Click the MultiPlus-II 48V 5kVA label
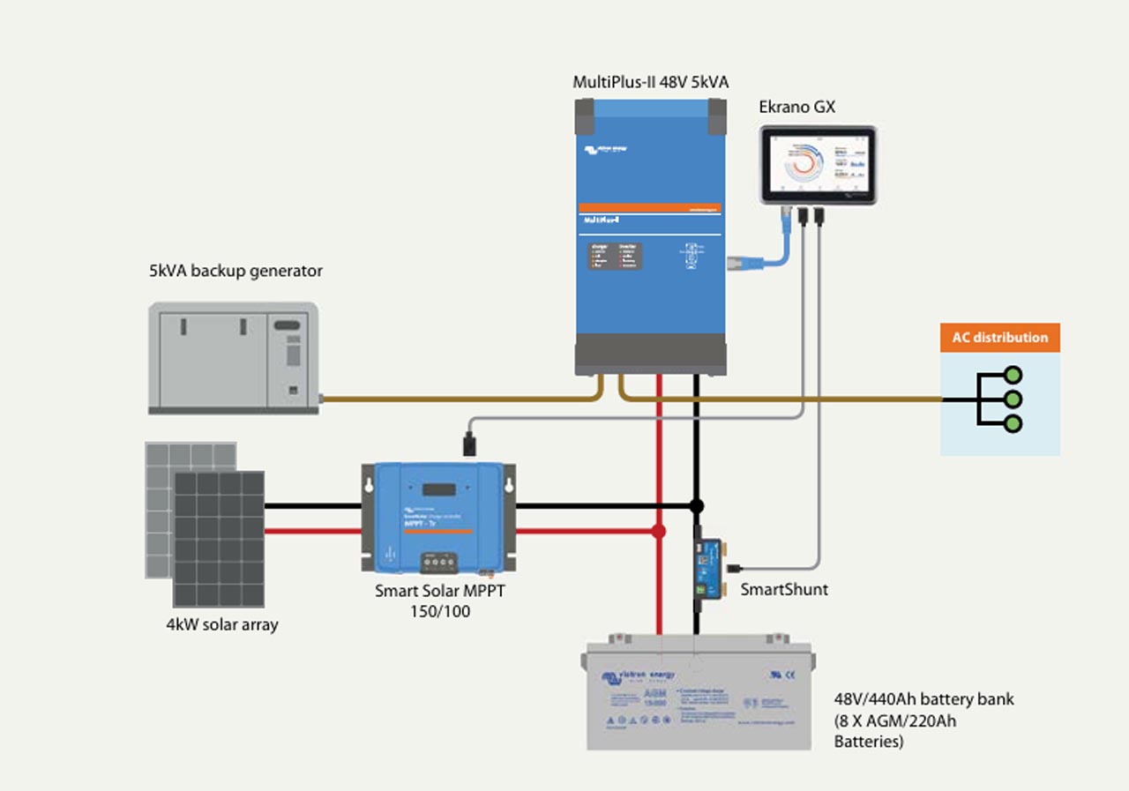[x=651, y=83]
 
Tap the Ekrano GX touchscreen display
[x=819, y=165]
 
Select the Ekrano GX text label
[x=796, y=108]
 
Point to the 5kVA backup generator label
[x=236, y=271]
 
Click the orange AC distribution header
[x=999, y=338]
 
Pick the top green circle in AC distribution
[x=1013, y=375]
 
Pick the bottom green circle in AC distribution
[x=1013, y=424]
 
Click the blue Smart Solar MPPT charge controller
[x=438, y=516]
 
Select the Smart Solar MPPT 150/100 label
[x=439, y=601]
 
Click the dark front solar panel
[x=219, y=538]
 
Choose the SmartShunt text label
[x=784, y=590]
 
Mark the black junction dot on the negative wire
[x=696, y=506]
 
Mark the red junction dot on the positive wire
[x=658, y=532]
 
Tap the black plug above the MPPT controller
[x=469, y=444]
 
